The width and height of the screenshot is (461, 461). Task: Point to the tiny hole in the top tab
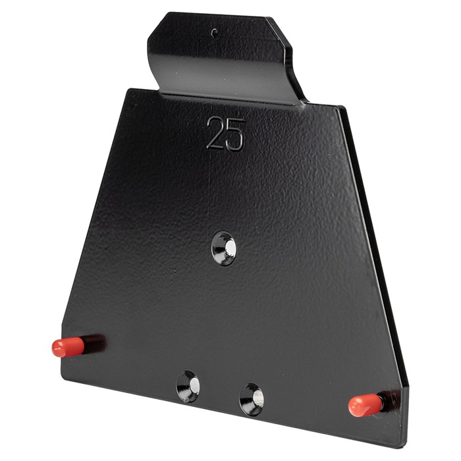(x=215, y=33)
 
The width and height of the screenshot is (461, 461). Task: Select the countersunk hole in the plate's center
(x=224, y=249)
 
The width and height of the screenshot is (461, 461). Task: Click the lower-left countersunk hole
(x=188, y=387)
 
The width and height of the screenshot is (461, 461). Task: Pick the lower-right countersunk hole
(x=252, y=399)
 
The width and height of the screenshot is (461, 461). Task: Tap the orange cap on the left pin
(x=68, y=347)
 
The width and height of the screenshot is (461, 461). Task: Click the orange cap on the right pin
(x=366, y=405)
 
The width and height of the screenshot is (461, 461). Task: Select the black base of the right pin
(x=391, y=399)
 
